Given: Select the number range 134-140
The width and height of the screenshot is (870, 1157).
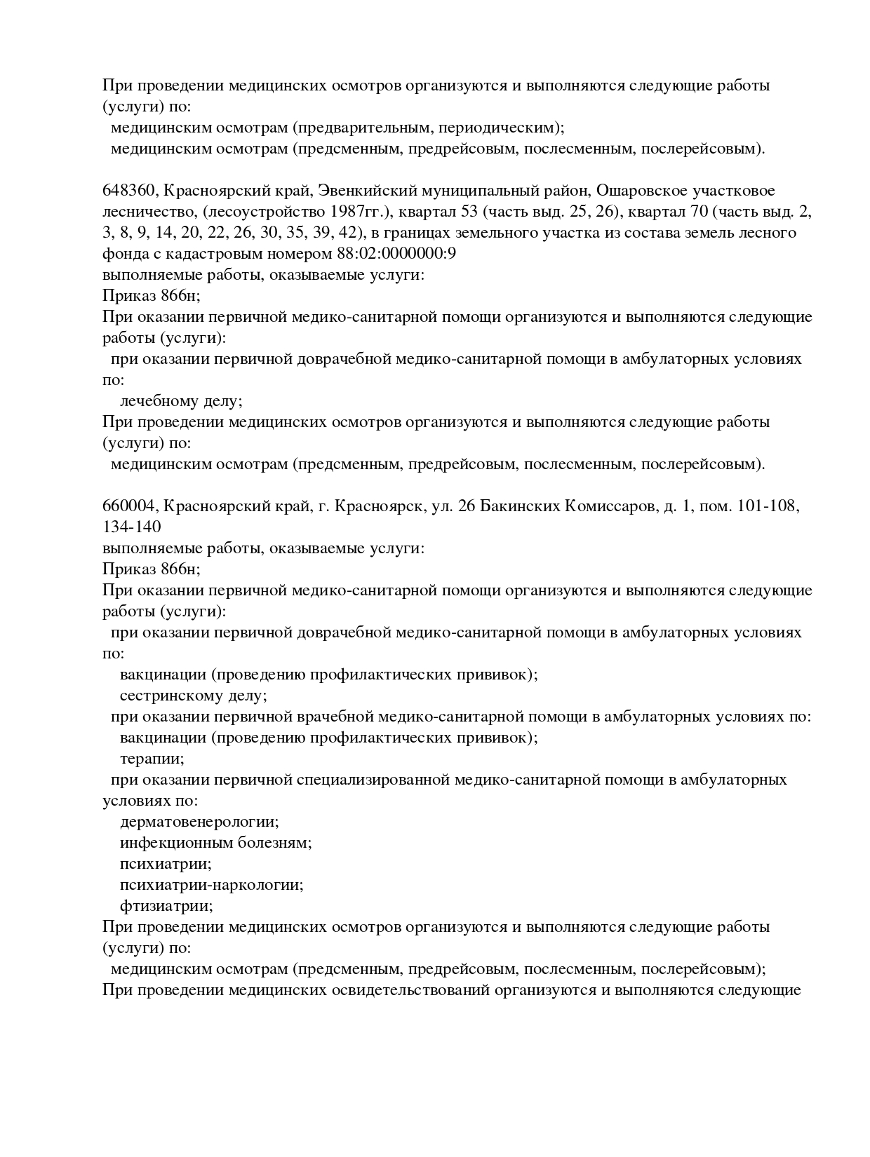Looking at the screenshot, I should [132, 527].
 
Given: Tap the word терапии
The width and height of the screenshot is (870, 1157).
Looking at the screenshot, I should [152, 759].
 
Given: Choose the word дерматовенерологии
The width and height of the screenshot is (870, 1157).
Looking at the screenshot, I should [199, 822].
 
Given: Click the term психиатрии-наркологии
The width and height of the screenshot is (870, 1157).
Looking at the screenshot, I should [211, 885].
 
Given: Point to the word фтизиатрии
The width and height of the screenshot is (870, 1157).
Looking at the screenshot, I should [166, 906].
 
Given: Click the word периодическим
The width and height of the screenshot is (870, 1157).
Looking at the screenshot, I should [495, 128].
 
